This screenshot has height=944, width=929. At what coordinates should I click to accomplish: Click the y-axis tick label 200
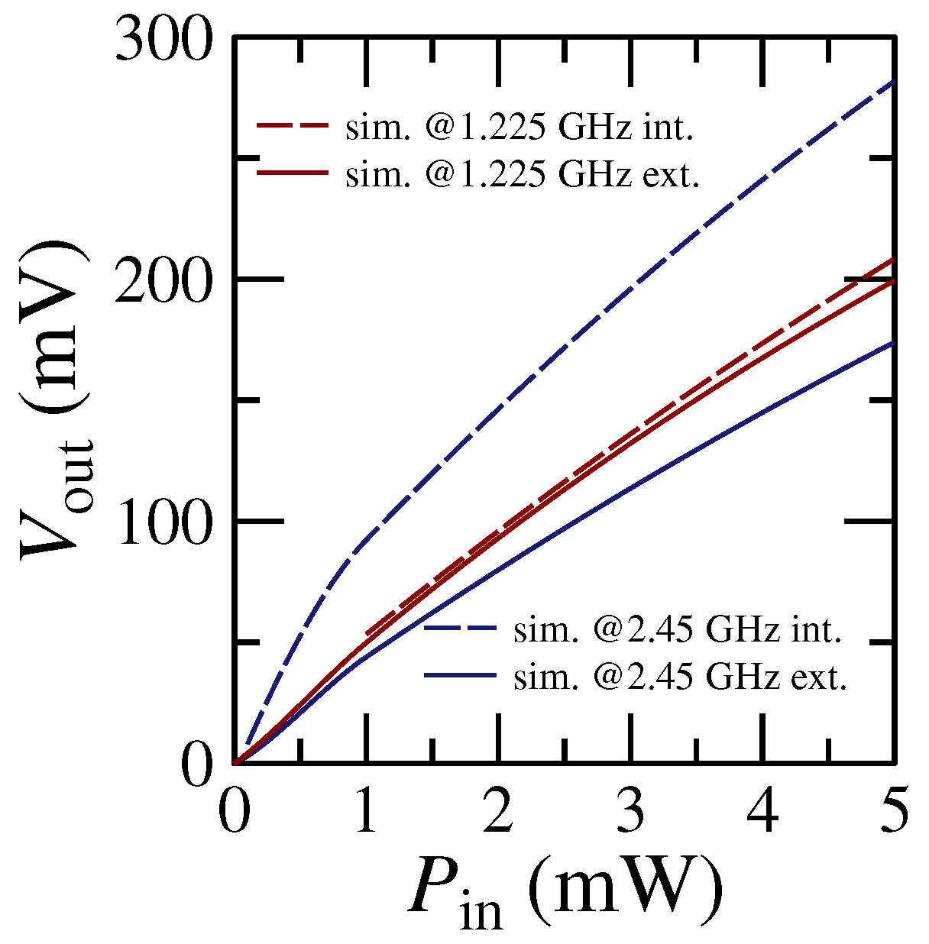coord(162,280)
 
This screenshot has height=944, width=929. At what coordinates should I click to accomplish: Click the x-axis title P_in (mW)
coord(565,890)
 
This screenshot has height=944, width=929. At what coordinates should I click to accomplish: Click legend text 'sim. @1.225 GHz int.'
coord(520,128)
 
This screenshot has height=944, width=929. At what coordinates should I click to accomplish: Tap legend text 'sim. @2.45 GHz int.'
coord(678,630)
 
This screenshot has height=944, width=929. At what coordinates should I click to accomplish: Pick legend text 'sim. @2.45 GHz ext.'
coord(680,677)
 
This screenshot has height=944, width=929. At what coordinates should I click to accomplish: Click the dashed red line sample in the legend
coord(293,127)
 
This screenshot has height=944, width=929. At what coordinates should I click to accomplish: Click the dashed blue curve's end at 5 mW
coord(892,81)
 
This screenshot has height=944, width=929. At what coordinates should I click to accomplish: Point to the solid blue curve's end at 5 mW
coord(892,343)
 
